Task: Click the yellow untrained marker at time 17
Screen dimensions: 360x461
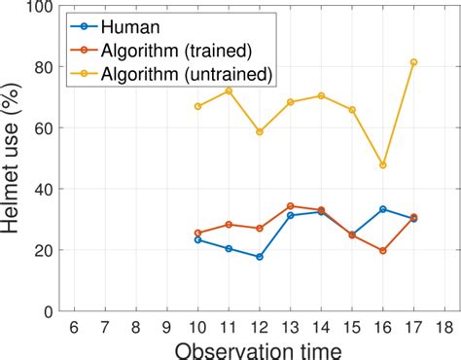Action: coord(413,62)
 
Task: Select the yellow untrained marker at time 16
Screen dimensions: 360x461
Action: coord(382,165)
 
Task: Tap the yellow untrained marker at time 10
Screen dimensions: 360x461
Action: coord(197,106)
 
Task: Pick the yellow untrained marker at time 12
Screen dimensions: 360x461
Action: coord(259,131)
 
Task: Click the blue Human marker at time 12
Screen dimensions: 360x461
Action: coord(259,257)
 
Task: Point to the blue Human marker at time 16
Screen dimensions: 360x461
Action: coord(382,209)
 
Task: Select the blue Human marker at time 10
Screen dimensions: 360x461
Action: coord(197,239)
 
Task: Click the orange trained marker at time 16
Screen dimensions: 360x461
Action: coord(382,251)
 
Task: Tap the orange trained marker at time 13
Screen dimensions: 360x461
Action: coord(290,206)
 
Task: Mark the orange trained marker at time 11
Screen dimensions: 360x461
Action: coord(229,225)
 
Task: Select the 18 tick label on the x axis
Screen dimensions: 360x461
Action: coord(444,327)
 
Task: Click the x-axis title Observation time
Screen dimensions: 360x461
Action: coord(258,348)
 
